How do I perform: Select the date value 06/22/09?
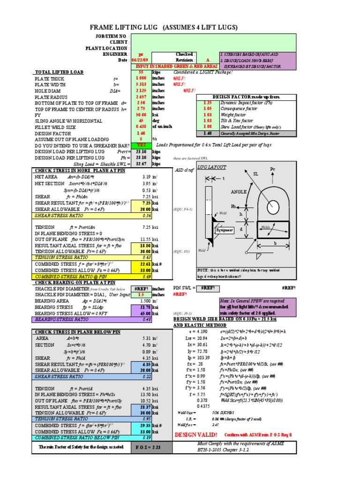tap(141, 60)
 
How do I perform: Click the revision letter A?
tap(208, 60)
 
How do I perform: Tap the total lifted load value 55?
tap(141, 72)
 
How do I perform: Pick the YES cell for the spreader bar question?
tap(141, 145)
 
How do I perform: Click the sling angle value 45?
tap(141, 121)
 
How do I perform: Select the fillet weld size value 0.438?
tap(141, 127)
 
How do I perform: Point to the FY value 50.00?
tap(141, 115)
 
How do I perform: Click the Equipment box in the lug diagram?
tap(224, 230)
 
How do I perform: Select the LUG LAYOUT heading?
tap(211, 167)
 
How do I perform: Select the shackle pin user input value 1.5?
tap(141, 295)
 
